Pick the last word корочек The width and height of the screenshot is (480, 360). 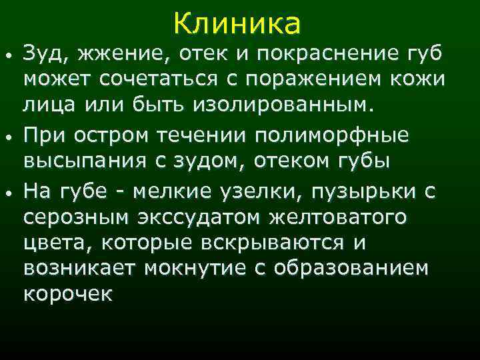(x=68, y=295)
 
